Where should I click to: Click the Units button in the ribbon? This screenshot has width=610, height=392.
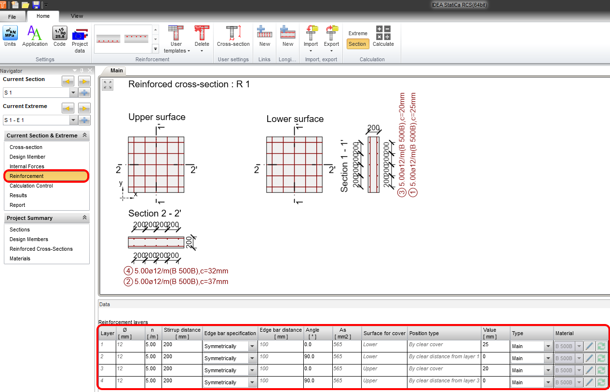pyautogui.click(x=10, y=37)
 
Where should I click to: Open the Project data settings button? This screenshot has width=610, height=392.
pyautogui.click(x=80, y=40)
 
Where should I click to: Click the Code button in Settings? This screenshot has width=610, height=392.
pyautogui.click(x=59, y=37)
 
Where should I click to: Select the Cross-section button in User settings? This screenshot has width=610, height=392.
pyautogui.click(x=233, y=37)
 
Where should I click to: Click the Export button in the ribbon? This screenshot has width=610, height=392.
pyautogui.click(x=331, y=38)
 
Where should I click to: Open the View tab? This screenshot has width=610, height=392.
pyautogui.click(x=77, y=16)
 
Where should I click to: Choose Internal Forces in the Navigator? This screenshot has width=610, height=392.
pyautogui.click(x=27, y=166)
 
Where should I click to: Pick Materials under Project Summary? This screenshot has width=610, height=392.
pyautogui.click(x=20, y=258)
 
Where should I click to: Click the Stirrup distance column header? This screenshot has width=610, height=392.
pyautogui.click(x=182, y=333)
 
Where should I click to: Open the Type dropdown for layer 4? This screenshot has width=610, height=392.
pyautogui.click(x=548, y=382)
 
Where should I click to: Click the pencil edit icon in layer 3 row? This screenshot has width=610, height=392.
pyautogui.click(x=589, y=370)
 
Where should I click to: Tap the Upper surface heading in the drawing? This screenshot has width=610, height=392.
pyautogui.click(x=157, y=117)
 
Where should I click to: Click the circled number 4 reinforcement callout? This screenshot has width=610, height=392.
pyautogui.click(x=128, y=270)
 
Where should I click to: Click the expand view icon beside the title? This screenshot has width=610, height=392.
pyautogui.click(x=108, y=85)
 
